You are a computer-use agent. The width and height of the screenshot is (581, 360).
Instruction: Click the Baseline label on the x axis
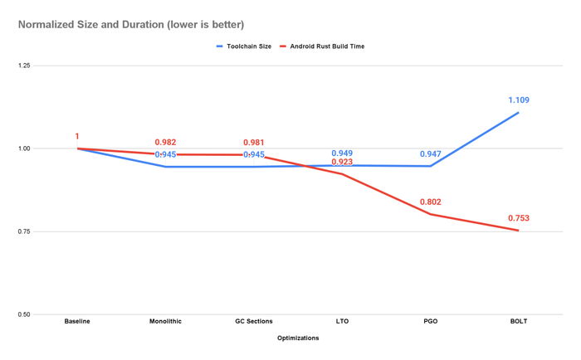pyautogui.click(x=77, y=322)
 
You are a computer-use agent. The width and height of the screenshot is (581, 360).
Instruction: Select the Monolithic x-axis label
pyautogui.click(x=165, y=322)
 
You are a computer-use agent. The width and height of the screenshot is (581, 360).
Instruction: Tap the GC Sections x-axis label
pyautogui.click(x=253, y=322)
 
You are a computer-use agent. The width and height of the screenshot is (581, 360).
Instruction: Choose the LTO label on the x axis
pyautogui.click(x=342, y=322)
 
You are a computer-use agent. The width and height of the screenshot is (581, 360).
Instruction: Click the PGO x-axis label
pyautogui.click(x=430, y=322)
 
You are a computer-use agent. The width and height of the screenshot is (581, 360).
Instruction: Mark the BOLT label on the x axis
pyautogui.click(x=519, y=322)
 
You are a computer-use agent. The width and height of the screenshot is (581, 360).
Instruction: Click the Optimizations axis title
pyautogui.click(x=298, y=338)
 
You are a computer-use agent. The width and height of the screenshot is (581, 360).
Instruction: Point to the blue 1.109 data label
pyautogui.click(x=519, y=100)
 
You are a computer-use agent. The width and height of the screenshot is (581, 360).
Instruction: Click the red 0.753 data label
pyautogui.click(x=519, y=219)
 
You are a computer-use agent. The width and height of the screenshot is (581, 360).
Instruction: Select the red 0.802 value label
pyautogui.click(x=430, y=202)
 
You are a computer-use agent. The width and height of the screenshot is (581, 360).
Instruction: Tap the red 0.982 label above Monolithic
pyautogui.click(x=165, y=143)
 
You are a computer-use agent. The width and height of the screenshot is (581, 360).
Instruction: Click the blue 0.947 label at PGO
pyautogui.click(x=430, y=154)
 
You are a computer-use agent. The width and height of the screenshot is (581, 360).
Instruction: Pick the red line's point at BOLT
pyautogui.click(x=519, y=231)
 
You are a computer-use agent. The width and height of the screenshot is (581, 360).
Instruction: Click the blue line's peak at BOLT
pyautogui.click(x=519, y=113)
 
